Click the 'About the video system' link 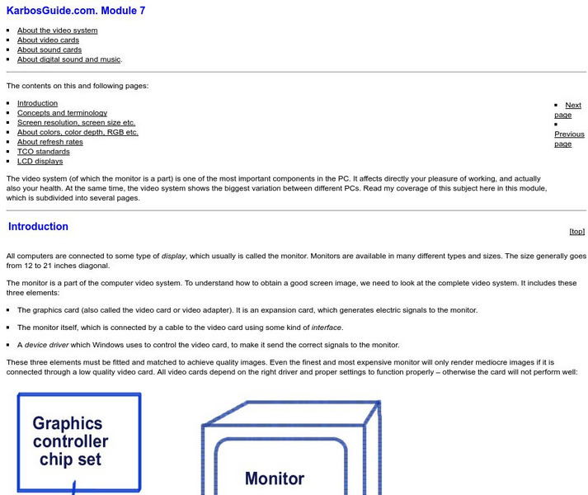coord(57,31)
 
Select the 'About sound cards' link coord(49,50)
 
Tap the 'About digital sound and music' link coord(69,59)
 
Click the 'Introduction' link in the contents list coord(37,104)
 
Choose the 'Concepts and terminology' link coord(62,113)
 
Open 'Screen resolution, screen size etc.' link coord(76,123)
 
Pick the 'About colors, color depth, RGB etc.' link coord(78,132)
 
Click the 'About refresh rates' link coord(49,142)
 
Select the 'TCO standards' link coord(43,152)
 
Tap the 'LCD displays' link coord(40,161)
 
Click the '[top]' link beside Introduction coord(576,232)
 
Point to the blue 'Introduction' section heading coord(38,227)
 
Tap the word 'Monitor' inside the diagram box coord(275,478)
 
